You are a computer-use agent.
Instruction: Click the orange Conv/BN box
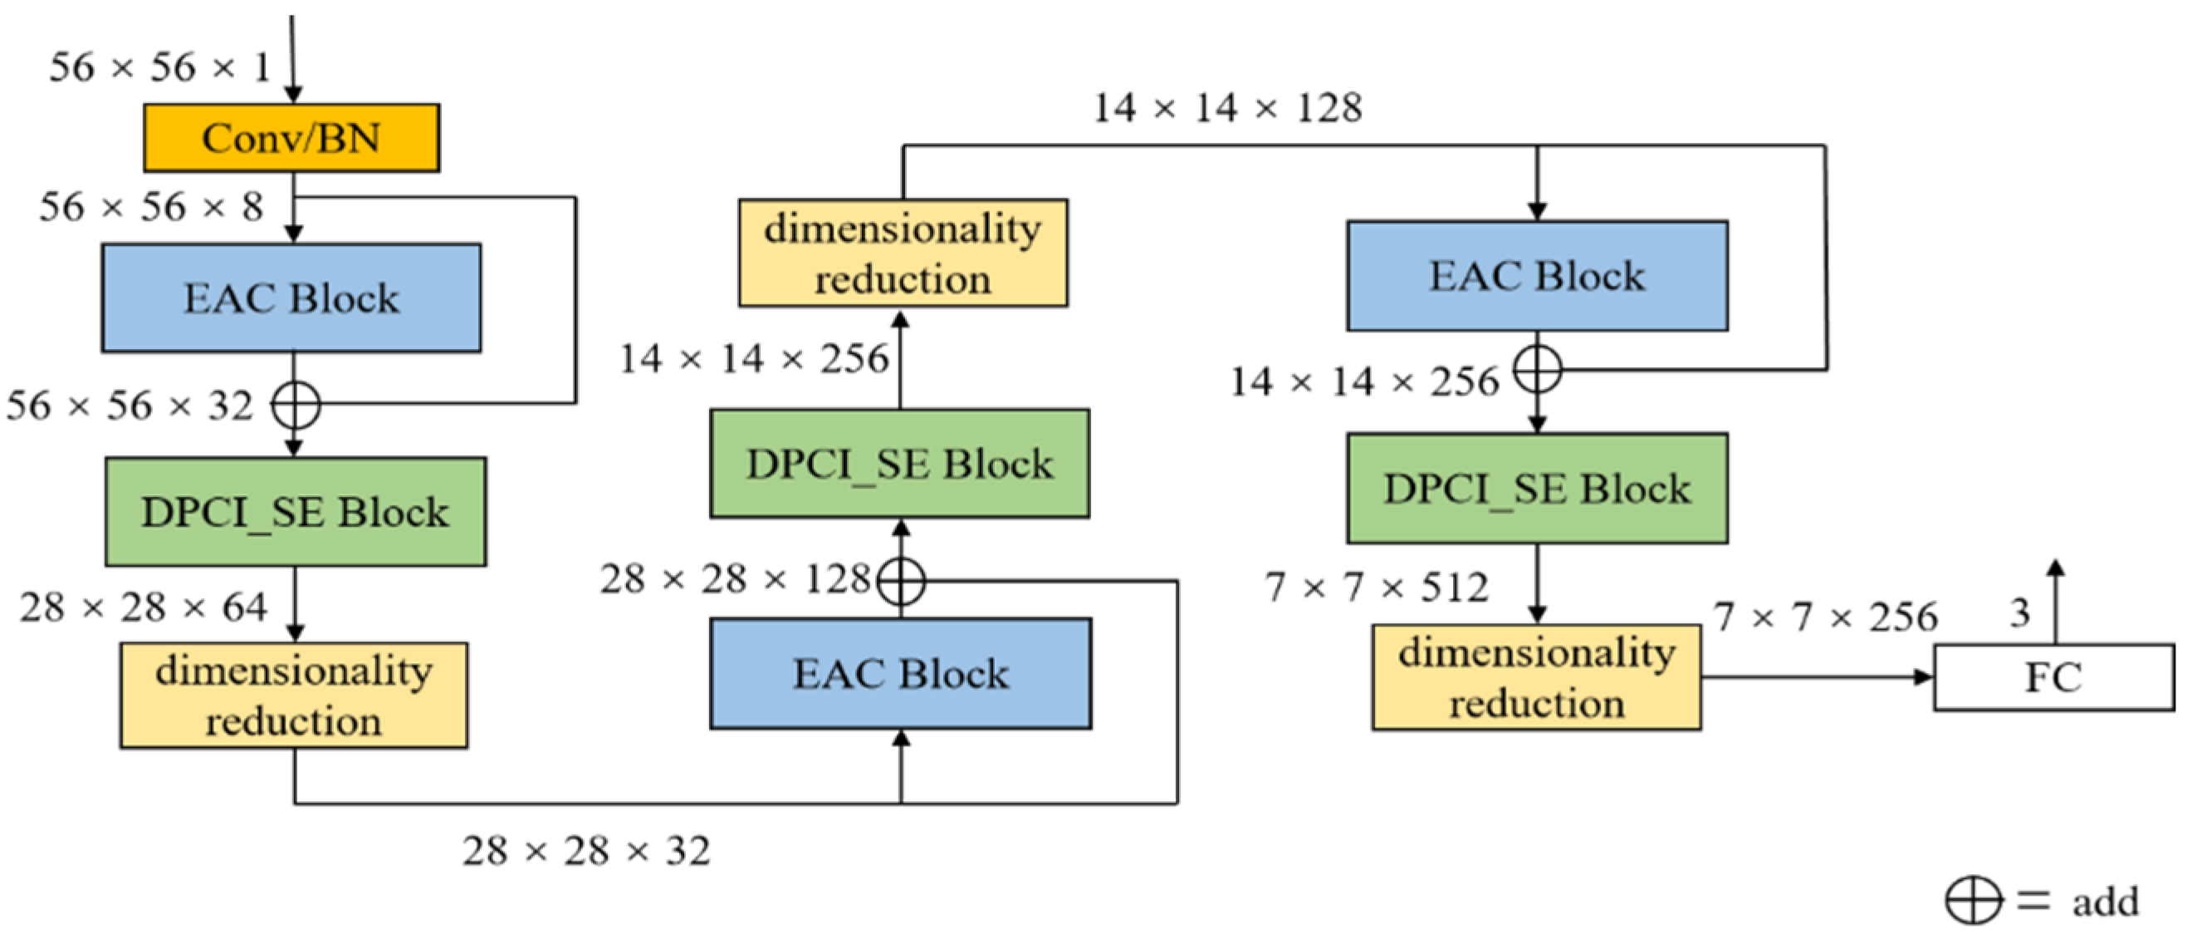click(291, 138)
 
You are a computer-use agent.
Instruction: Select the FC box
click(2053, 677)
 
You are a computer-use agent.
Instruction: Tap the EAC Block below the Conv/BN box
click(291, 298)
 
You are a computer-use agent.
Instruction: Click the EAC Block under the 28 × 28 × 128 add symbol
click(900, 673)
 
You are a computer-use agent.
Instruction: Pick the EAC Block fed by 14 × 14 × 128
click(1537, 276)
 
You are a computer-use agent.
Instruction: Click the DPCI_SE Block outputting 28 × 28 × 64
click(296, 512)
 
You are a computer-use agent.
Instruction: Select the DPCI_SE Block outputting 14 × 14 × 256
click(899, 464)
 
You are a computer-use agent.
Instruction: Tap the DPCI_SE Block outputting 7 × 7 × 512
click(1537, 489)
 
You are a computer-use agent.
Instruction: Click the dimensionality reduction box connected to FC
click(1536, 677)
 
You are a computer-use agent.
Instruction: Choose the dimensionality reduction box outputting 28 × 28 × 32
click(294, 696)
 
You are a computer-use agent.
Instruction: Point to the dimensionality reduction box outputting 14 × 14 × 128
click(903, 253)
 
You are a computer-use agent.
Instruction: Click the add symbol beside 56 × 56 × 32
click(295, 406)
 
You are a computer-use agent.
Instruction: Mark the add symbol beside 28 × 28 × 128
click(900, 582)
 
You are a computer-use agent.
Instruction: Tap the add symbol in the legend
click(1973, 900)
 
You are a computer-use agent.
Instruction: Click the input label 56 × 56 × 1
click(159, 67)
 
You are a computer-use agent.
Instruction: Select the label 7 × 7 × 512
click(1376, 587)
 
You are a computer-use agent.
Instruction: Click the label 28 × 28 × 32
click(585, 850)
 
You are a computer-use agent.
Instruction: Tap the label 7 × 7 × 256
click(1825, 617)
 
